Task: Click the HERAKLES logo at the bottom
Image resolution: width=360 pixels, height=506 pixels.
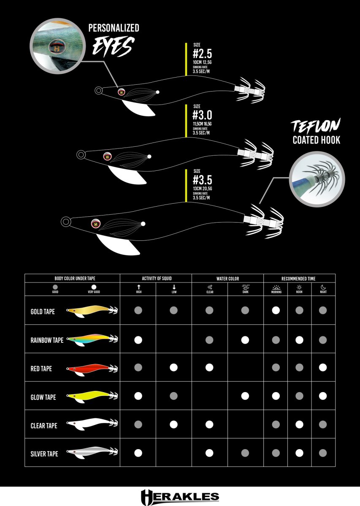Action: [x=180, y=496]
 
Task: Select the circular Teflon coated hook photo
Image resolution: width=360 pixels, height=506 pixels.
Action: [x=317, y=179]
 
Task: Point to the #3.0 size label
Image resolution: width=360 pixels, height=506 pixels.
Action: [x=202, y=115]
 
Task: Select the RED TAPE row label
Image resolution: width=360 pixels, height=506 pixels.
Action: [x=41, y=368]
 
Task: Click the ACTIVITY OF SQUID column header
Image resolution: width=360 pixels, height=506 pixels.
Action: [x=156, y=279]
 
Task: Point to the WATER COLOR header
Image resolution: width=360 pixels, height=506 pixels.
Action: [x=227, y=279]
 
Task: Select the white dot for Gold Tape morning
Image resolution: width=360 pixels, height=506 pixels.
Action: [x=276, y=310]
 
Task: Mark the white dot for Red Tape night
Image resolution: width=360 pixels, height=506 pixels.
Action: [x=323, y=367]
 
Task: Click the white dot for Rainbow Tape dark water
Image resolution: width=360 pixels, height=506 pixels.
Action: [x=245, y=339]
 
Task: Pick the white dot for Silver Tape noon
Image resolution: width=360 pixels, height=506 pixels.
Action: [x=299, y=453]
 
